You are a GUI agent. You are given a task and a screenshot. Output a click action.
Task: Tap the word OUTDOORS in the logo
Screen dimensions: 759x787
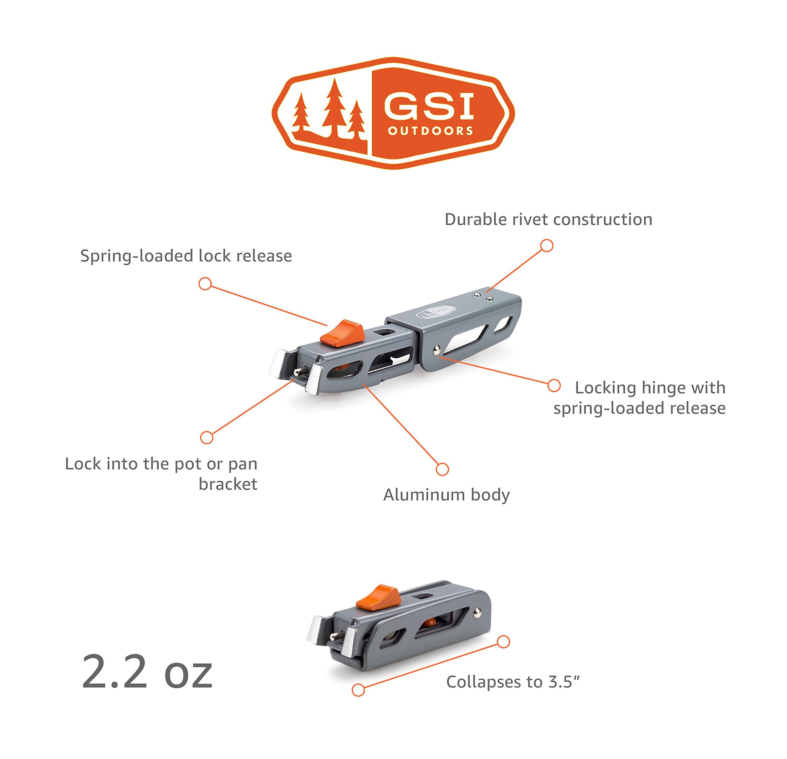(x=430, y=131)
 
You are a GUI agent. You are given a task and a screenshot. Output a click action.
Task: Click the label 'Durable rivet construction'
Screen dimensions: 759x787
(x=548, y=220)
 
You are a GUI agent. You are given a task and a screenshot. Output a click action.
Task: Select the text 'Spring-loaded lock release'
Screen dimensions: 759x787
(x=186, y=256)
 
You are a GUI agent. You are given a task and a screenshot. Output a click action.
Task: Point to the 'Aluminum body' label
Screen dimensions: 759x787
(x=446, y=495)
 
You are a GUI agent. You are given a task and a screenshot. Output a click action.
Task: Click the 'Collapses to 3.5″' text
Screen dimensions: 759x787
(x=513, y=682)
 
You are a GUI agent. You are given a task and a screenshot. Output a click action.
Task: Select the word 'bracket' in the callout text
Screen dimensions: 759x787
(x=228, y=484)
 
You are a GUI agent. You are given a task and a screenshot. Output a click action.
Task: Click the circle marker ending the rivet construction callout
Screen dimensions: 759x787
(x=547, y=246)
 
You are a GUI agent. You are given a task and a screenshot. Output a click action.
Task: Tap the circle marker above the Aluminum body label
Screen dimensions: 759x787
(x=442, y=469)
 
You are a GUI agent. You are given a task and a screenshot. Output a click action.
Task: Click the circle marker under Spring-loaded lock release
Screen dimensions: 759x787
(x=205, y=284)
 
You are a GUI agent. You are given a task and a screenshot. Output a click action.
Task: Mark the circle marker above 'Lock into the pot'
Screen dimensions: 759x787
(x=206, y=438)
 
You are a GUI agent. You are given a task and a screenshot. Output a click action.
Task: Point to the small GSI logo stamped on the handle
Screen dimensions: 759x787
(x=436, y=311)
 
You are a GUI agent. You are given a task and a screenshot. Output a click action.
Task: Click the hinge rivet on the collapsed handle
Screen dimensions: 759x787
(x=478, y=612)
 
